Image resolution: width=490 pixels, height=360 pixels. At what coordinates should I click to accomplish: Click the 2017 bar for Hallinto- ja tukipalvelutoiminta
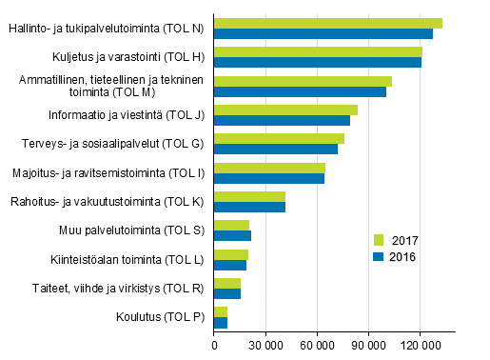327,23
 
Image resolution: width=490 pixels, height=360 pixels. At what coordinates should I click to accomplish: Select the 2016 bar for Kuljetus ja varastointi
317,63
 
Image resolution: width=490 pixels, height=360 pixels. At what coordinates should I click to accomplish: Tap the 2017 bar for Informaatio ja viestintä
285,110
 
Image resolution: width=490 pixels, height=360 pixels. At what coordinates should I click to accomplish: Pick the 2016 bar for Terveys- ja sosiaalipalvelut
275,150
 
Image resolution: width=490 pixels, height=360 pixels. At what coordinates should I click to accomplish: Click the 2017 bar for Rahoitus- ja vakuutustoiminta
249,196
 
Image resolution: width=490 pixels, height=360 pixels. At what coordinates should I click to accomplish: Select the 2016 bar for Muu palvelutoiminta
232,235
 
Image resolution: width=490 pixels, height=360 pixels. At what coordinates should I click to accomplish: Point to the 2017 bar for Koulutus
220,312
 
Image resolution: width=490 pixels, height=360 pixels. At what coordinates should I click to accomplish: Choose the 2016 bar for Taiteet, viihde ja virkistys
227,293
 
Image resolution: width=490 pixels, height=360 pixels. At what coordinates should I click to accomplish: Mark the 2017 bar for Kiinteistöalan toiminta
230,254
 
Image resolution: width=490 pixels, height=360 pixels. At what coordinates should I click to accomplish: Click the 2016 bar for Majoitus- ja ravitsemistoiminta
268,178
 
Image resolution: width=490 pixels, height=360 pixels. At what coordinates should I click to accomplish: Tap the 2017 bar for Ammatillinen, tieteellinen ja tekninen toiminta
303,81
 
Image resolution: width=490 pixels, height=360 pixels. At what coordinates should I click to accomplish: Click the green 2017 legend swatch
378,240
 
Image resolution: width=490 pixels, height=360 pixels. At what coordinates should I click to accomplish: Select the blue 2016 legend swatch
378,256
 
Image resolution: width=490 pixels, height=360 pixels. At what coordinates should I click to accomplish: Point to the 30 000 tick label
265,347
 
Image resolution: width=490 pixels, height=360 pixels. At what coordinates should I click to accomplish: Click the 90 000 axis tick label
368,347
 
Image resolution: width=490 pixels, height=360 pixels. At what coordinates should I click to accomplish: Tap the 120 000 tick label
420,347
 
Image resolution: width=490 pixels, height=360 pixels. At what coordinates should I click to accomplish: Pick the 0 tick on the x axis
214,347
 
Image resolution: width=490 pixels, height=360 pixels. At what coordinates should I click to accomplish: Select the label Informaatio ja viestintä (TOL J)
127,115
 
